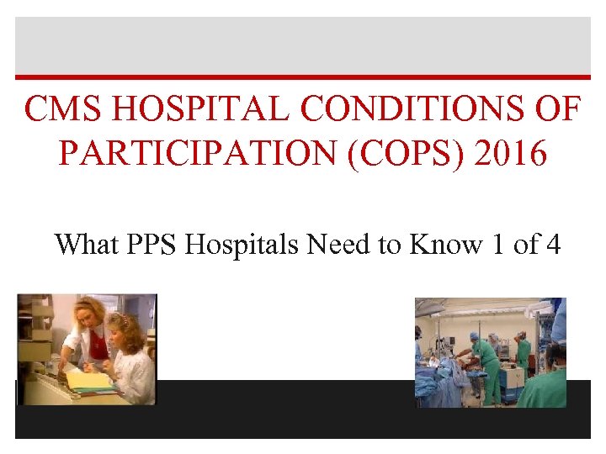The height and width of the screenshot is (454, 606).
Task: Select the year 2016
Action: tap(512, 155)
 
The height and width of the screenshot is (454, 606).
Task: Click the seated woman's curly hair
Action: tap(125, 323)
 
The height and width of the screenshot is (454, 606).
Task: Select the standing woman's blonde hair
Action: tap(87, 308)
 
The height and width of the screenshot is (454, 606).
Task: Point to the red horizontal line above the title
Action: tap(303, 79)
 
